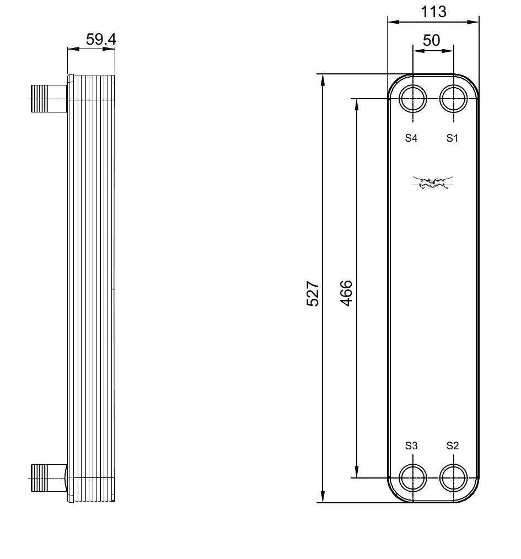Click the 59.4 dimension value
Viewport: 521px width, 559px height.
(101, 39)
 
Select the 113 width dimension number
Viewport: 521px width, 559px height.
(433, 12)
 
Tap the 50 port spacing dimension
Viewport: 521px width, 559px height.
(432, 40)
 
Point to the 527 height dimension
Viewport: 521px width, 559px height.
(313, 294)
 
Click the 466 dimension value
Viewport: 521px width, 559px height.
(346, 293)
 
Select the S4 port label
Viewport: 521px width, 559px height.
(411, 138)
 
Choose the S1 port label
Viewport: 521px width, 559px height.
(452, 138)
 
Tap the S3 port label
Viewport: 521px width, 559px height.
(411, 445)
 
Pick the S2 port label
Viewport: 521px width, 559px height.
(452, 445)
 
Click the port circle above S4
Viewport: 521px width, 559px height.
(412, 85)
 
